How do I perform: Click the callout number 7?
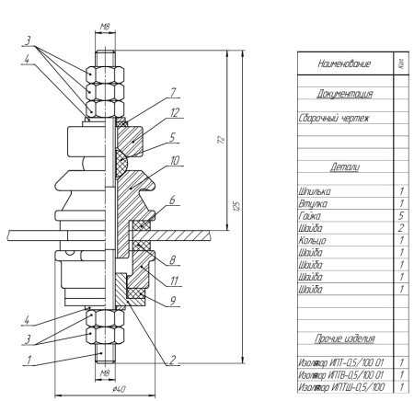(x=174, y=93)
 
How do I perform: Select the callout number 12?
(x=175, y=113)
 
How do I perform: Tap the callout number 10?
(x=175, y=160)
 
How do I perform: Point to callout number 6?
(x=172, y=200)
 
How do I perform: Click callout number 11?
(x=174, y=281)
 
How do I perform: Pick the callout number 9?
(x=173, y=302)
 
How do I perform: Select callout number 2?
(x=173, y=360)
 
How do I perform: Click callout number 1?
(x=29, y=360)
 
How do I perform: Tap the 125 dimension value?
(x=236, y=206)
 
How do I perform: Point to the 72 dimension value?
(x=221, y=139)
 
